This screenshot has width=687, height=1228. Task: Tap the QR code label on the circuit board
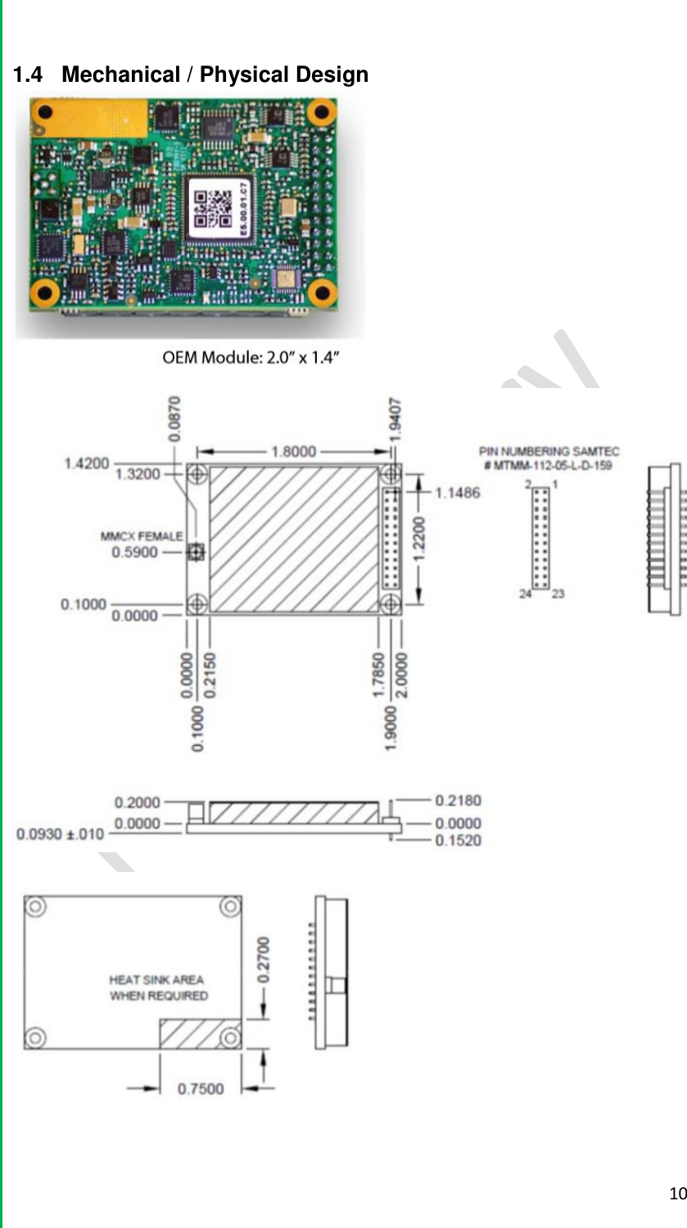point(219,207)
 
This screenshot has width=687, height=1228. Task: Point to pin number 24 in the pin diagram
point(525,594)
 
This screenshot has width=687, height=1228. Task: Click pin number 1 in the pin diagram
point(557,485)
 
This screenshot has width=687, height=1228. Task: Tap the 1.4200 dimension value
point(87,463)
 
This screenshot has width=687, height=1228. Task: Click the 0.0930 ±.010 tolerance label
point(61,834)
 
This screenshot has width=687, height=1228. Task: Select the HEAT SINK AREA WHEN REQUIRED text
point(158,987)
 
